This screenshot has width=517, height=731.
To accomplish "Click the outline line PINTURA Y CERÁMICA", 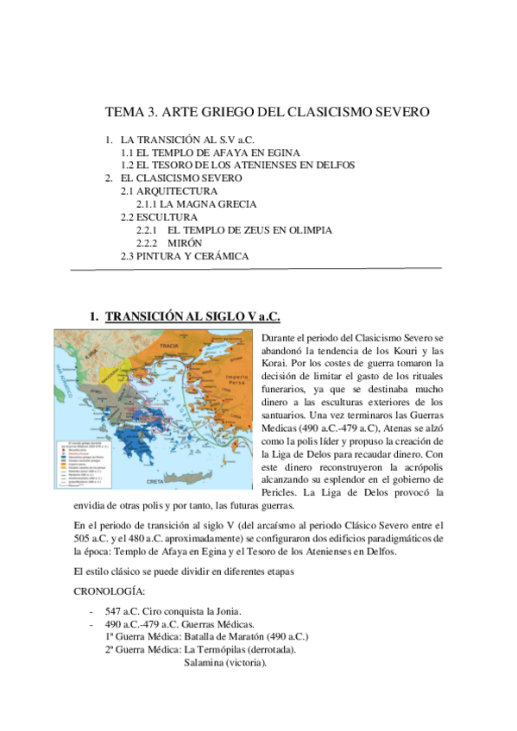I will point(193,257).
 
